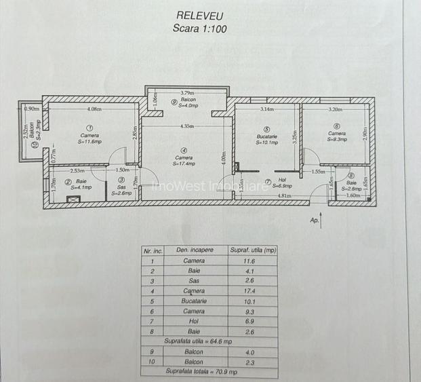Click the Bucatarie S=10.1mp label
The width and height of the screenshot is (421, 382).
[x=266, y=139]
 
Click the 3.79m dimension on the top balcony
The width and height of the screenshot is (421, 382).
[x=188, y=93]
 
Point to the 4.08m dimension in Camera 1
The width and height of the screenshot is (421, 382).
[x=94, y=109]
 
